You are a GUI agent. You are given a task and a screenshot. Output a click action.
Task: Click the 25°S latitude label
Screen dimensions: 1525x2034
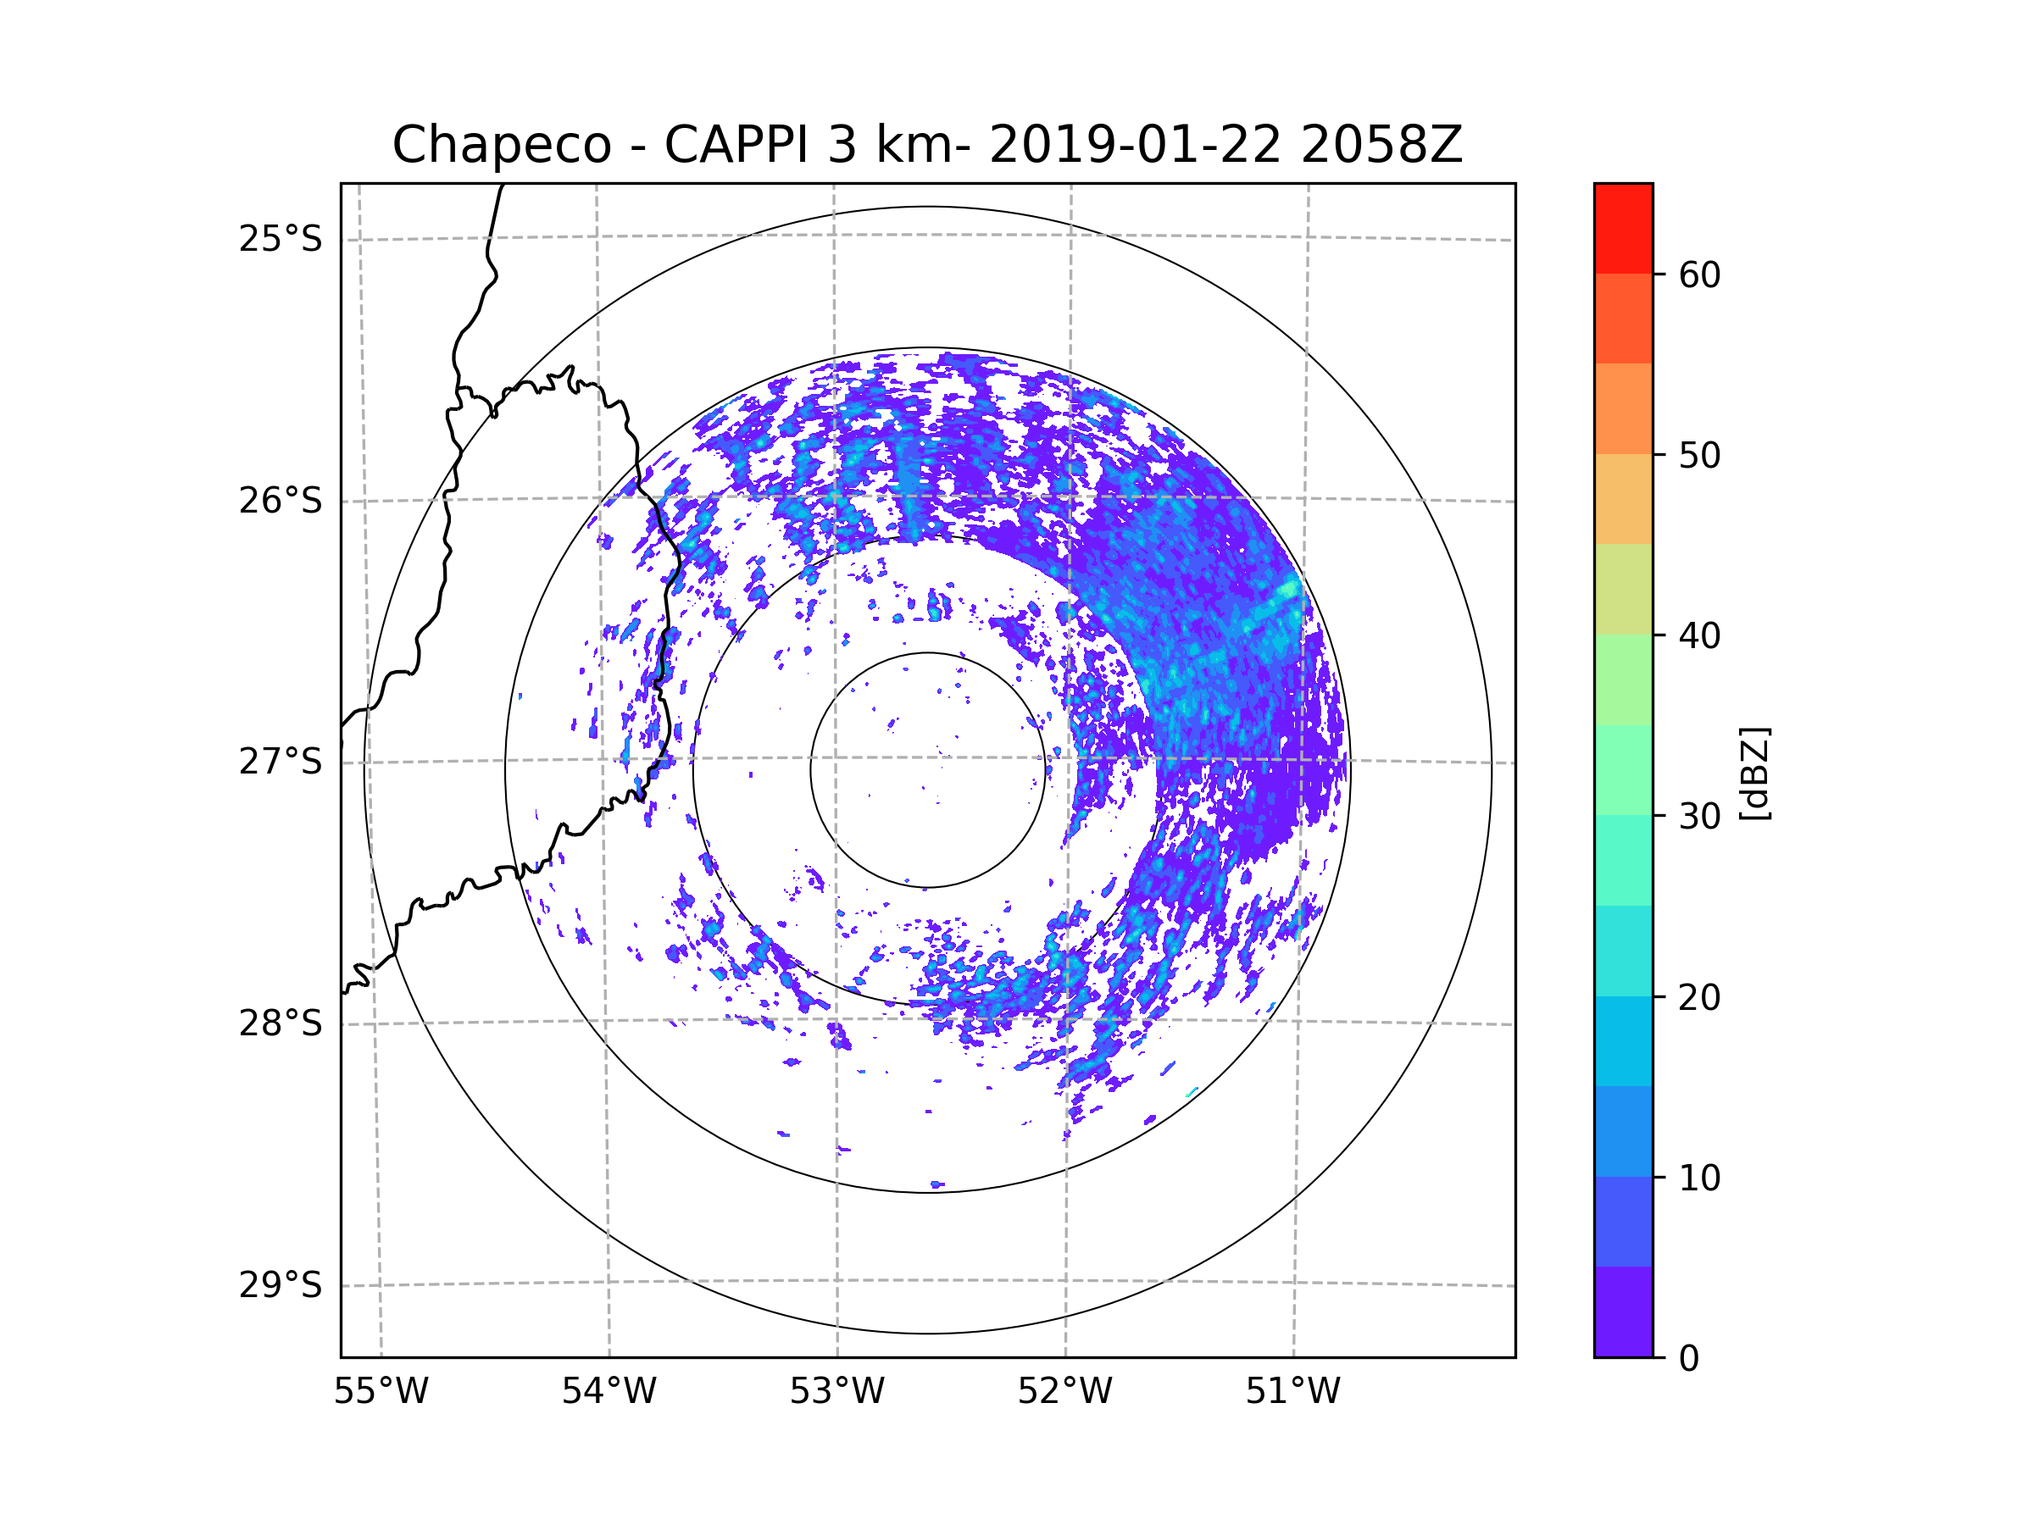pos(281,239)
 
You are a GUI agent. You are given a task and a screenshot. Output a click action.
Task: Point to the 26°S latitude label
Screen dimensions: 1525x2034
pos(281,501)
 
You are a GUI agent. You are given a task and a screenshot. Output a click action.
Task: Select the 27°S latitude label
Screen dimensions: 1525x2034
pos(281,762)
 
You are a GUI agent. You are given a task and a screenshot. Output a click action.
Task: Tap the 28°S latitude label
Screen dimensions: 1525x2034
pos(281,1023)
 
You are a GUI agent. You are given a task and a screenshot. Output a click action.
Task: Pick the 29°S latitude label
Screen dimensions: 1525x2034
pos(281,1285)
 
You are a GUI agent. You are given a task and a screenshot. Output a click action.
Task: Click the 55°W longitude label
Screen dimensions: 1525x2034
pos(381,1392)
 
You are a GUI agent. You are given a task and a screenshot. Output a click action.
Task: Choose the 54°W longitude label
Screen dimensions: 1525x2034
pos(609,1392)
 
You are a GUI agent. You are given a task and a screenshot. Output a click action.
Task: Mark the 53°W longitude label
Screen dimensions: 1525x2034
pos(836,1392)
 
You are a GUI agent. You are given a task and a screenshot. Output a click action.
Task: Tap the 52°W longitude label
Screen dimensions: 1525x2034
pos(1064,1392)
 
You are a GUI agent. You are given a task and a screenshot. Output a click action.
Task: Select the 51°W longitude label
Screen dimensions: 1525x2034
pos(1292,1392)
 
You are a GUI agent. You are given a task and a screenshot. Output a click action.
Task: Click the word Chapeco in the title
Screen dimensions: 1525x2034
pos(501,145)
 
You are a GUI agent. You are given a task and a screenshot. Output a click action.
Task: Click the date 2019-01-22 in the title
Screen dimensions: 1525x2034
pos(1134,145)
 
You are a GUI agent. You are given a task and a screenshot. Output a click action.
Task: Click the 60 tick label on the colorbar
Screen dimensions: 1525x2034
pos(1699,274)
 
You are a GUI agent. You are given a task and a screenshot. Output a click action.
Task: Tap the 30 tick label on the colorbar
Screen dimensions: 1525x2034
pos(1699,816)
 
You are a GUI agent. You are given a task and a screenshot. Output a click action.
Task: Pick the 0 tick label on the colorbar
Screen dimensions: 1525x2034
pos(1689,1359)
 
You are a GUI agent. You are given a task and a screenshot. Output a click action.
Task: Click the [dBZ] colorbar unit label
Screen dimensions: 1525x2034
pos(1754,773)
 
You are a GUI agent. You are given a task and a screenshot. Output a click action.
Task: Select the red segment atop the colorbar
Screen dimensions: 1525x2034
pos(1623,228)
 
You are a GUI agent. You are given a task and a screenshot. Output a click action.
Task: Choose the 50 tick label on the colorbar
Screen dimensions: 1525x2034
pos(1699,456)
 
